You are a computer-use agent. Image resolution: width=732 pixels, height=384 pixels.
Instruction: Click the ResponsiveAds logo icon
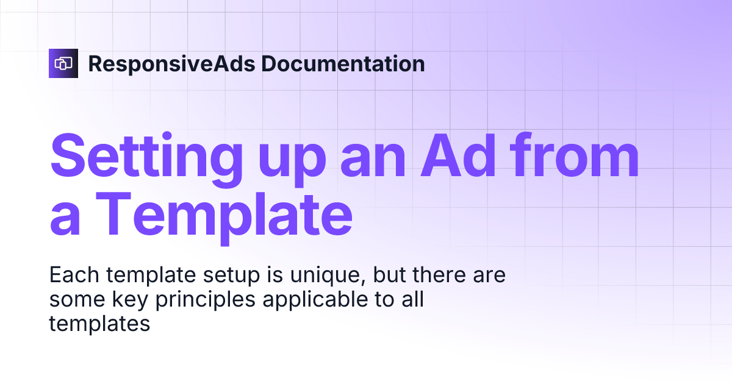click(63, 63)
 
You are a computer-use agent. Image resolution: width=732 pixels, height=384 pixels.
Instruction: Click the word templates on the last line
click(99, 324)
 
